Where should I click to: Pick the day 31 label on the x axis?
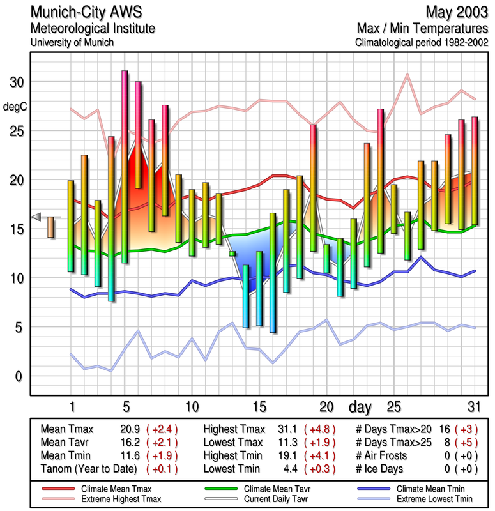point(473,407)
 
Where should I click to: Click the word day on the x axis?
point(362,407)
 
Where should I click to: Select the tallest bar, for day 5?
point(125,166)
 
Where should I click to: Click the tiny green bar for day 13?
point(232,254)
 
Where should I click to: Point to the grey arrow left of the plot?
point(36,217)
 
